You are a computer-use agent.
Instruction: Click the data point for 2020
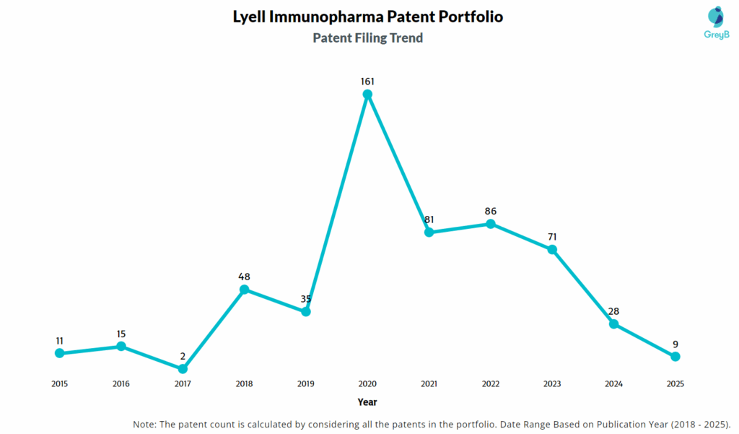click(367, 94)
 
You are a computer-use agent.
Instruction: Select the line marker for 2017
click(183, 369)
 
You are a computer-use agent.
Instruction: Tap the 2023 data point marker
click(552, 250)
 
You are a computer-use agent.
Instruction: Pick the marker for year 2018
click(244, 290)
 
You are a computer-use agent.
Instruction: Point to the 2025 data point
click(675, 357)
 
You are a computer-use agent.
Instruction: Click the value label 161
click(367, 82)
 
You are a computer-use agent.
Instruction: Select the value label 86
click(491, 212)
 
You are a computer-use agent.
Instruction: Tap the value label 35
click(306, 299)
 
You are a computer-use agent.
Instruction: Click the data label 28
click(613, 311)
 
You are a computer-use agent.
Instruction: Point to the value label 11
click(59, 340)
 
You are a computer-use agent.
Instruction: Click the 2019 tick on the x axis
click(306, 384)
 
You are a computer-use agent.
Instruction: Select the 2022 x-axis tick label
click(491, 384)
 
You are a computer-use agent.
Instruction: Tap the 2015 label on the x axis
click(59, 384)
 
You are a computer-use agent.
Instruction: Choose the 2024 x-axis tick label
click(613, 384)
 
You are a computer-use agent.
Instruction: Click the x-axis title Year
click(367, 402)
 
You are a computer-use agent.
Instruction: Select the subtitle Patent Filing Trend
click(367, 38)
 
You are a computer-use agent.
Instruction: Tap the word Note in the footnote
click(146, 423)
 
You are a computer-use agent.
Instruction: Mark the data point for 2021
click(429, 232)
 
